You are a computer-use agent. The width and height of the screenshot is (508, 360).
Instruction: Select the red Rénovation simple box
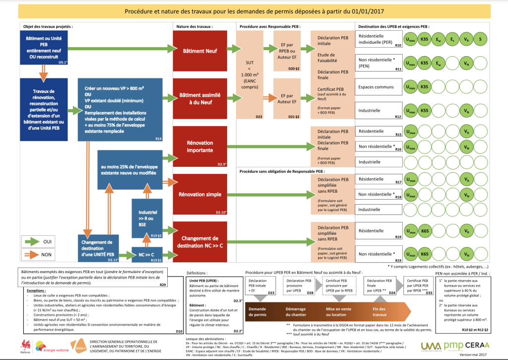point(200,194)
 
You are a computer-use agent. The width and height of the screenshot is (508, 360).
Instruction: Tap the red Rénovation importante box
point(200,146)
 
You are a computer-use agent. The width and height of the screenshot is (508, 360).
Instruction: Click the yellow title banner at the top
point(254,11)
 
